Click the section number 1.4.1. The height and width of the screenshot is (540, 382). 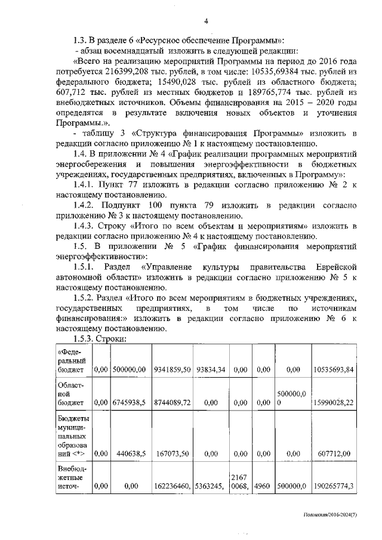[87, 184]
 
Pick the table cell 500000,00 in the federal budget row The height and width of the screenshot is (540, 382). [128, 371]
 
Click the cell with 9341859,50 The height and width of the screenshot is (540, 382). [171, 371]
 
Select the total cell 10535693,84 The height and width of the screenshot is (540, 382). [332, 371]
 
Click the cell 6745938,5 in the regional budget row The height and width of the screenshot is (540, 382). [128, 403]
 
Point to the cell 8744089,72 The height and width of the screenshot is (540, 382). [171, 403]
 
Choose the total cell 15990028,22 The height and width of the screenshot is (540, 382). [332, 403]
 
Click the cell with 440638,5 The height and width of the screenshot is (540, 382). [128, 453]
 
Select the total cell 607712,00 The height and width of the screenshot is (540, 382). [332, 453]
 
